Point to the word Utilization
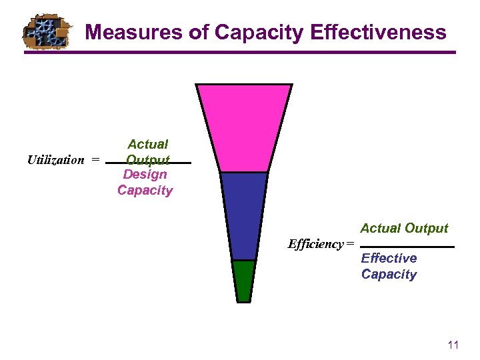pyautogui.click(x=56, y=160)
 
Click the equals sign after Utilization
pyautogui.click(x=96, y=160)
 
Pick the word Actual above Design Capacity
pyautogui.click(x=147, y=144)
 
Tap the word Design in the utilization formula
pyautogui.click(x=145, y=175)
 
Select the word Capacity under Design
pyautogui.click(x=145, y=191)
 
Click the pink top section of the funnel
pyautogui.click(x=244, y=127)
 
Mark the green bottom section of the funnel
pyautogui.click(x=244, y=280)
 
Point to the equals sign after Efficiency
pyautogui.click(x=351, y=244)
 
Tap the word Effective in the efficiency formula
pyautogui.click(x=389, y=259)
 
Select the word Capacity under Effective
pyautogui.click(x=389, y=275)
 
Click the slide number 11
pyautogui.click(x=453, y=345)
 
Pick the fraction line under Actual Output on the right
pyautogui.click(x=407, y=247)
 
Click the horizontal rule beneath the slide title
pyautogui.click(x=240, y=53)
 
